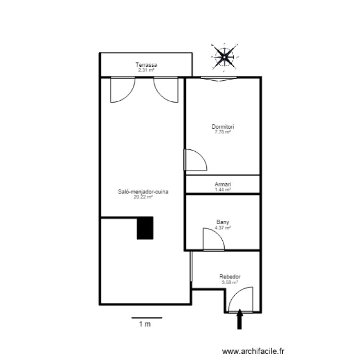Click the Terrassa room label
(146, 65)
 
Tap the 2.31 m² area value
(146, 70)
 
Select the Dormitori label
(223, 127)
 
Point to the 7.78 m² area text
(223, 132)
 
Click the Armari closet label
(223, 184)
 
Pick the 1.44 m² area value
(223, 190)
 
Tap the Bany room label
(223, 222)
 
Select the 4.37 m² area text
(223, 228)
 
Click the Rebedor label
(230, 277)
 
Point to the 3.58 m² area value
(230, 283)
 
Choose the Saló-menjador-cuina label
(143, 191)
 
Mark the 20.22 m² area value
(143, 196)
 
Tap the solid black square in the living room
(145, 228)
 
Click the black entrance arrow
(240, 320)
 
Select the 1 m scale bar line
(146, 317)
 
